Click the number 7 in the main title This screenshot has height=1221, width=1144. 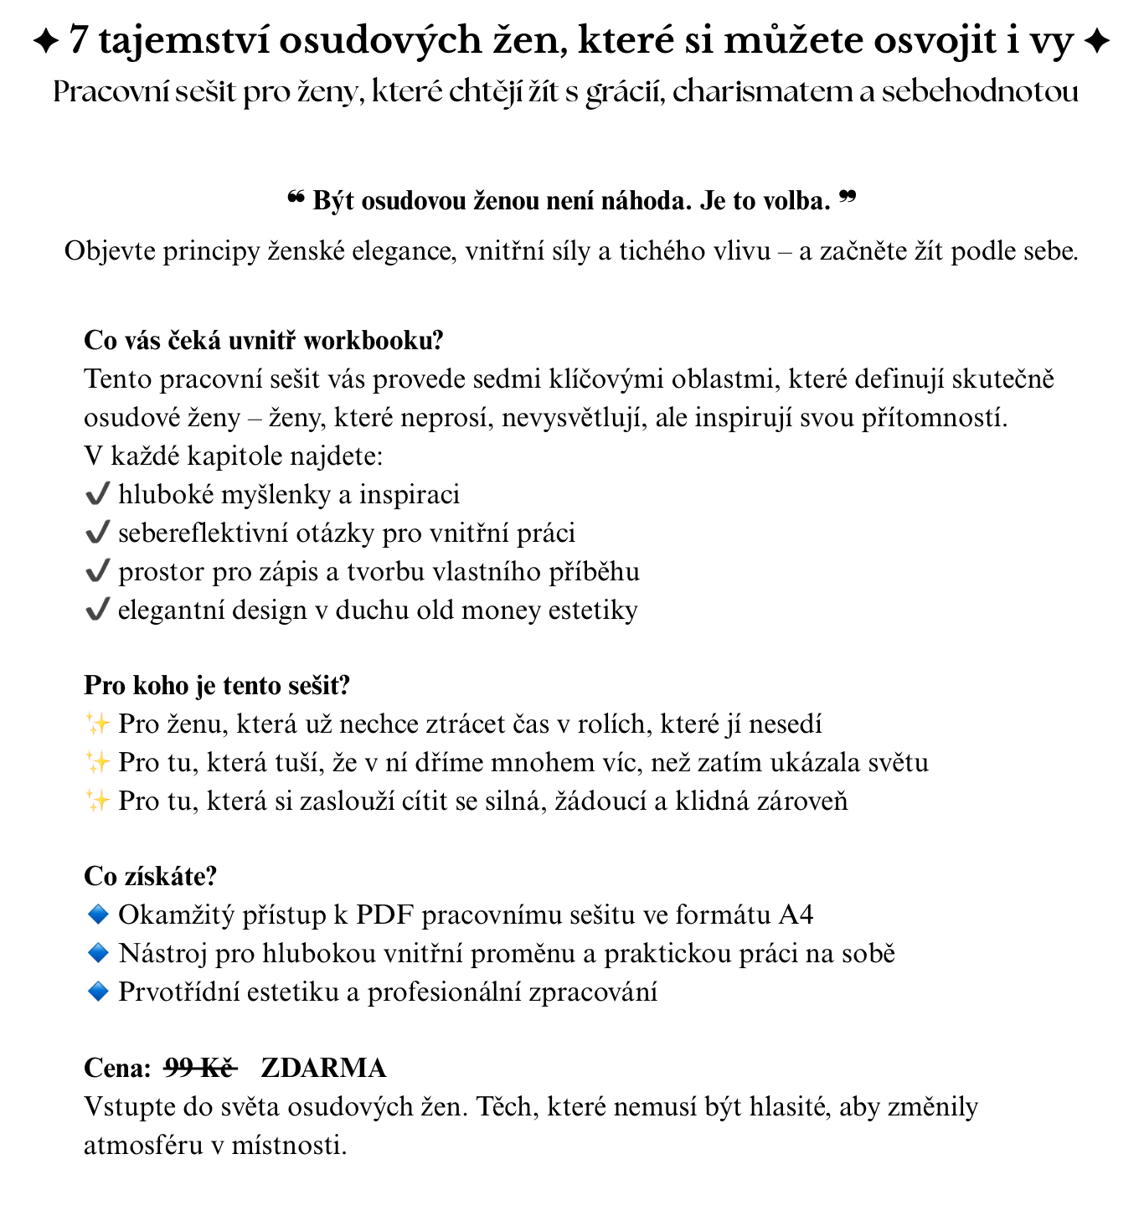coord(78,40)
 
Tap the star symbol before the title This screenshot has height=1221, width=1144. coord(45,41)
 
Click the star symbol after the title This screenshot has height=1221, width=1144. coord(1096,41)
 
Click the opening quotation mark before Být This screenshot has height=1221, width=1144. coord(295,199)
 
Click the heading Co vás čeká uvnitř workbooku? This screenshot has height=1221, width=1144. coord(263,341)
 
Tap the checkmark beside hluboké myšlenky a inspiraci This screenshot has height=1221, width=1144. coord(97,495)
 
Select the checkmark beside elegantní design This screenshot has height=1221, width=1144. coord(97,610)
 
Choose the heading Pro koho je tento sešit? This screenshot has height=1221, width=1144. coord(217,686)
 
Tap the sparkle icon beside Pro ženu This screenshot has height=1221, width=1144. coord(97,724)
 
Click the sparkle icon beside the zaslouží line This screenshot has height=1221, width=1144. coord(97,801)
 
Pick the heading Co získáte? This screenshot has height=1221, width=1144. coord(151,877)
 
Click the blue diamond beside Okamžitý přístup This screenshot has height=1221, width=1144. coord(98,914)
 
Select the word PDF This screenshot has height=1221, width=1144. coord(385,914)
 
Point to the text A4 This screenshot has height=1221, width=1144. coord(795,914)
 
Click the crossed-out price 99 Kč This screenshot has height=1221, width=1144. coord(200,1068)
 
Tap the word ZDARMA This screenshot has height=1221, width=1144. coord(323,1068)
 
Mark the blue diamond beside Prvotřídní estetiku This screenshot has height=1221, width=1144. coord(98,992)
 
